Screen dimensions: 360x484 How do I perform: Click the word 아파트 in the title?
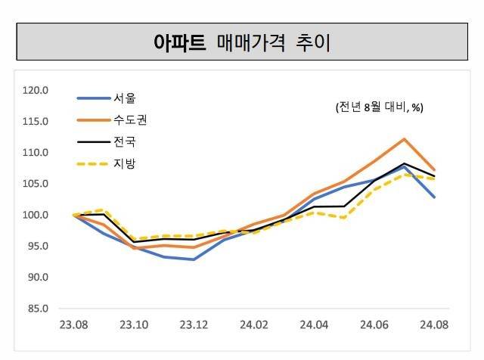(x=179, y=42)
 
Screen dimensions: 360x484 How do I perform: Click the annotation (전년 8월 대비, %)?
(x=379, y=108)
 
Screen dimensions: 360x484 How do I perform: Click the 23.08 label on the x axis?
(x=74, y=325)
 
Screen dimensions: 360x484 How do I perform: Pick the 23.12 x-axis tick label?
(x=194, y=325)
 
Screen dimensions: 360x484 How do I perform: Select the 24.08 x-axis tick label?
(x=434, y=325)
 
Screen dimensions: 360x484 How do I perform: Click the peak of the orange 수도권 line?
(x=405, y=138)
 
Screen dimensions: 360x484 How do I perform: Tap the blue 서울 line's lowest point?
(x=194, y=259)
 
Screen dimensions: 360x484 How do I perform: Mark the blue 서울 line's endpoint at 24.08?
(x=434, y=197)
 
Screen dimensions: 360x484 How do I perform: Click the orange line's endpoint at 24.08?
(x=434, y=170)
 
